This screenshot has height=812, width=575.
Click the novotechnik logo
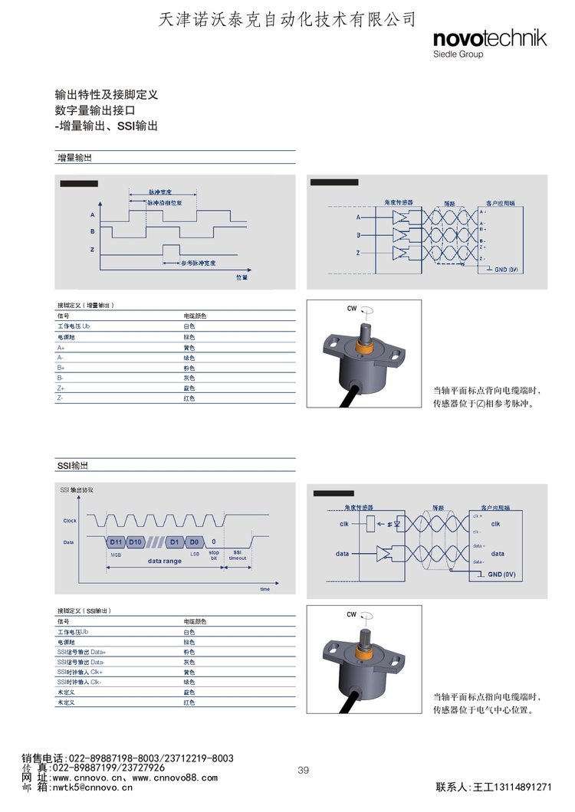[x=489, y=39]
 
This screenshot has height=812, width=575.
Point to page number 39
[x=303, y=770]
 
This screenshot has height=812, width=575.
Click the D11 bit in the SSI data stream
[x=116, y=542]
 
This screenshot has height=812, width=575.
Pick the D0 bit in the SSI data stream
[x=195, y=542]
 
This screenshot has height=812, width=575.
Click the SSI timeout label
[x=238, y=555]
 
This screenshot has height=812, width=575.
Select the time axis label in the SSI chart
[x=264, y=589]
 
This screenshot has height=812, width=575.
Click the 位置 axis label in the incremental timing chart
[x=242, y=277]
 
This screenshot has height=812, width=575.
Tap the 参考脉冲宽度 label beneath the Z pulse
[x=199, y=263]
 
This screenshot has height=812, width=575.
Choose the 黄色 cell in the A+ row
[x=189, y=347]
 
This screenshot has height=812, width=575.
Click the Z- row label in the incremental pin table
[x=61, y=398]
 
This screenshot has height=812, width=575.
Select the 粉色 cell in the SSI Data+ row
[x=189, y=652]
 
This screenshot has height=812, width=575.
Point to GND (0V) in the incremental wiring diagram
[x=506, y=270]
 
